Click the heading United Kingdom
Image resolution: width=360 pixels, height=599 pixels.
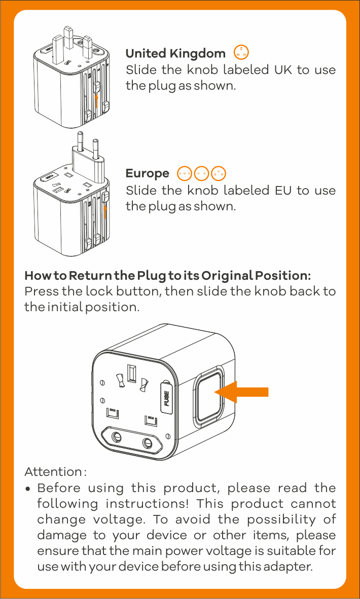175,54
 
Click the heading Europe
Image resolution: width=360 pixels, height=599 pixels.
147,174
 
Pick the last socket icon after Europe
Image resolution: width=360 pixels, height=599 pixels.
219,173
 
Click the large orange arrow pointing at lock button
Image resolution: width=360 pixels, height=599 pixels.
241,392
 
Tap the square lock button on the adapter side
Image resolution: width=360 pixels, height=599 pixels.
208,397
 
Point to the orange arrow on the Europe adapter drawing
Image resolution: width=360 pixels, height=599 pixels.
105,216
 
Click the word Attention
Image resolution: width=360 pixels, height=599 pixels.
53,472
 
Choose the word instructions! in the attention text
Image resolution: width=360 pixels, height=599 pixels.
147,504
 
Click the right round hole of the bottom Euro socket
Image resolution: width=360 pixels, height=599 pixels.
148,443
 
